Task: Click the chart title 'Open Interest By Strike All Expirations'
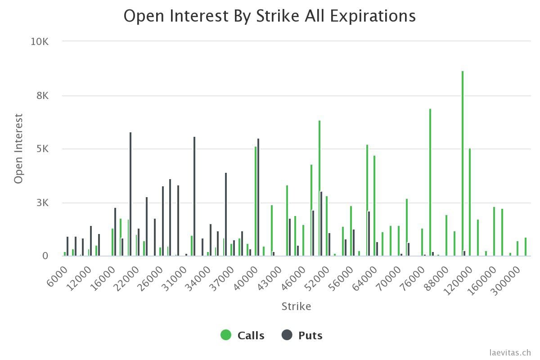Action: [270, 16]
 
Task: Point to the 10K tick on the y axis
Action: [40, 41]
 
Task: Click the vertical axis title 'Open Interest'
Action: [18, 148]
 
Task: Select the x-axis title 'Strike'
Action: [296, 306]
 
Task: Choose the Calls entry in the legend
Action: [243, 335]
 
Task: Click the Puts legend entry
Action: [302, 335]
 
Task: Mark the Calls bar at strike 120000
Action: [470, 202]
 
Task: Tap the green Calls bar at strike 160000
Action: [494, 231]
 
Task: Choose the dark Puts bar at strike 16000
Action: [115, 232]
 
